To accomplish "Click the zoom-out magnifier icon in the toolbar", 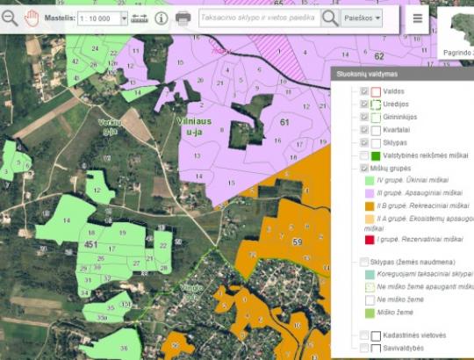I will coord(10,17).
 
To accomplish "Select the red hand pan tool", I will coord(32,17).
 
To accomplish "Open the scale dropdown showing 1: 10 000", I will coord(102,18).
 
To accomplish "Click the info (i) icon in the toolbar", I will coord(162,18).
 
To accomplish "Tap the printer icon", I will coord(183,18).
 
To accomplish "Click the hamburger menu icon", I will coord(417,18).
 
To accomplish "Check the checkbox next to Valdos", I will coord(364,91).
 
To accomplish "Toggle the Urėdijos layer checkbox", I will coord(364,104).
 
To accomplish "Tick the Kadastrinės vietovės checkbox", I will coord(364,335).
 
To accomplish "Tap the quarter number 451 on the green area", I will coord(90,243).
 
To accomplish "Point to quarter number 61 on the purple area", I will coord(284,122).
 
